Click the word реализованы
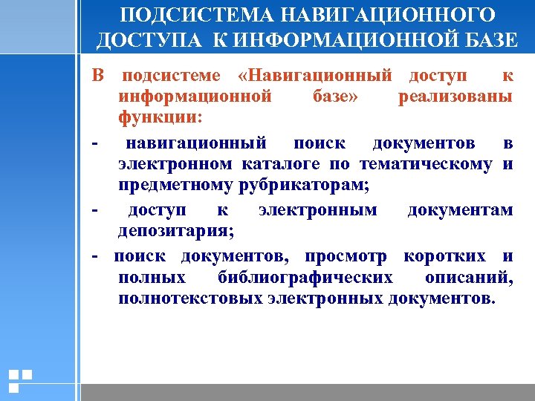coord(455,97)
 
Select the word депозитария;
coord(176,232)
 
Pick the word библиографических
coord(305,278)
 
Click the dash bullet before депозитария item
coord(95,210)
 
